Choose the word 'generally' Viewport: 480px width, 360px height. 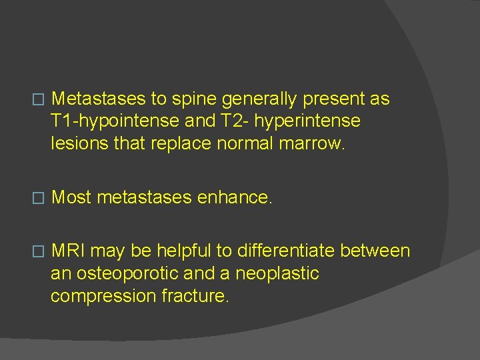[260, 99]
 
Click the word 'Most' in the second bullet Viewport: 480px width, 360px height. [71, 197]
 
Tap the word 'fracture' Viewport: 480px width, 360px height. [195, 295]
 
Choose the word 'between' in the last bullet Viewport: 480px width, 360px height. [375, 251]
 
